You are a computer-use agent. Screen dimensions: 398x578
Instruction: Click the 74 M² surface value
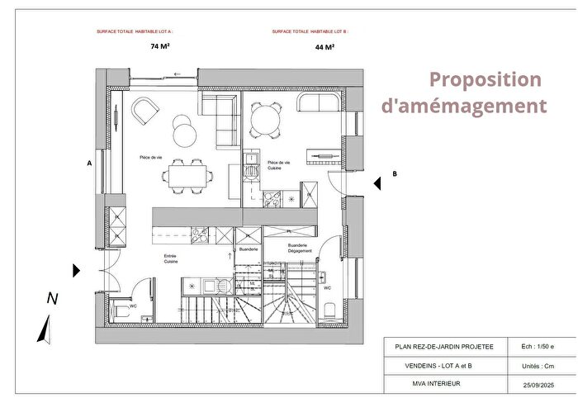click(x=160, y=47)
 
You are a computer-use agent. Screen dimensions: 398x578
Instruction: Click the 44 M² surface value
click(x=325, y=47)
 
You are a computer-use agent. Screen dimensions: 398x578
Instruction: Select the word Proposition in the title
click(x=486, y=80)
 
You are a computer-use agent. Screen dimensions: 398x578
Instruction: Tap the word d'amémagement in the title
click(x=464, y=107)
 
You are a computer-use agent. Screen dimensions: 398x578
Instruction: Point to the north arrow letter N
click(x=52, y=298)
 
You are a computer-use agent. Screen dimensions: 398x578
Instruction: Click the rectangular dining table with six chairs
click(x=187, y=174)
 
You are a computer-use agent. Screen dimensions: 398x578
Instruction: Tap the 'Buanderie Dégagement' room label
click(x=298, y=248)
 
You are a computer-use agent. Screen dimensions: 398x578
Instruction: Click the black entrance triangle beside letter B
click(x=376, y=183)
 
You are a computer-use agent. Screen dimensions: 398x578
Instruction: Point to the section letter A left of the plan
click(x=88, y=163)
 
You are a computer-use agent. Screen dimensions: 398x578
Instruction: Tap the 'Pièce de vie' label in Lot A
click(x=150, y=157)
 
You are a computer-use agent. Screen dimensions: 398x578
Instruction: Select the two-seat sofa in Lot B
click(x=318, y=103)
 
